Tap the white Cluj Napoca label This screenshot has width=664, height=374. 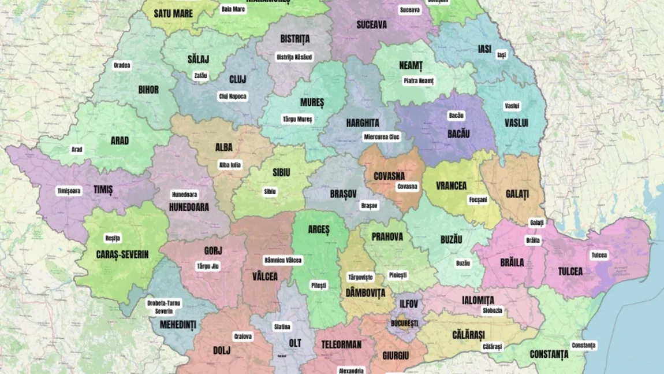pos(233,97)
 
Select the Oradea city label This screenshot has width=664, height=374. pos(122,65)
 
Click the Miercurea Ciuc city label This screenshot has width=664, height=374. pos(381,137)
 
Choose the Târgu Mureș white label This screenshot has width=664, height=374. pos(297,119)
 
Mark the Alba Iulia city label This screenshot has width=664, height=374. pos(230,165)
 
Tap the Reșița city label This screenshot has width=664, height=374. pos(113,238)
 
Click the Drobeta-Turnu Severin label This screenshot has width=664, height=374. pos(163,306)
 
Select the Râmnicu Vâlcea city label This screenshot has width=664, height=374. pos(282,260)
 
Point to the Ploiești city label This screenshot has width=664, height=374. pos(398,275)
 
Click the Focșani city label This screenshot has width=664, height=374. pos(478,200)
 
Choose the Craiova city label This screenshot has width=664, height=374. pos(243,336)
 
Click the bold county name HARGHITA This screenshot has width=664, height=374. pos(363,123)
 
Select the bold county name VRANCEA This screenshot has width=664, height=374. pos(452,186)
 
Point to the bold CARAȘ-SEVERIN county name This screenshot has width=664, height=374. pos(122,254)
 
